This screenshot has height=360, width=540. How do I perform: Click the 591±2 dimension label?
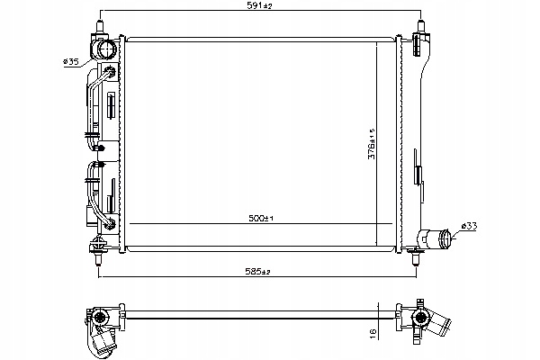[260, 5]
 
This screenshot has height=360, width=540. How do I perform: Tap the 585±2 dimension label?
[258, 271]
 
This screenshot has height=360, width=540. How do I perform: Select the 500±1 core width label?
[261, 218]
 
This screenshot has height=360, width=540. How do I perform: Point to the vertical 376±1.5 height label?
[372, 144]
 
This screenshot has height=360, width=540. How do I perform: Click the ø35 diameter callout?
[70, 62]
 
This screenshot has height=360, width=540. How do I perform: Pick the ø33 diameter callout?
[469, 226]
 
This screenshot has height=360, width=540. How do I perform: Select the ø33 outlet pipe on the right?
[434, 238]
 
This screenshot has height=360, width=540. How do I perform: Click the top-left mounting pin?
[100, 26]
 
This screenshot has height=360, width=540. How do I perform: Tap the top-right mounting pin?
[420, 26]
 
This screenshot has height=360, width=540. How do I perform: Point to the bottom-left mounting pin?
[98, 258]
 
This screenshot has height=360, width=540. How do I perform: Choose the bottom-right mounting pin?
[416, 258]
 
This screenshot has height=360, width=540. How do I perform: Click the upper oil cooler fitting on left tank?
[110, 72]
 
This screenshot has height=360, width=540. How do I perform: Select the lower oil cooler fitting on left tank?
[111, 224]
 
